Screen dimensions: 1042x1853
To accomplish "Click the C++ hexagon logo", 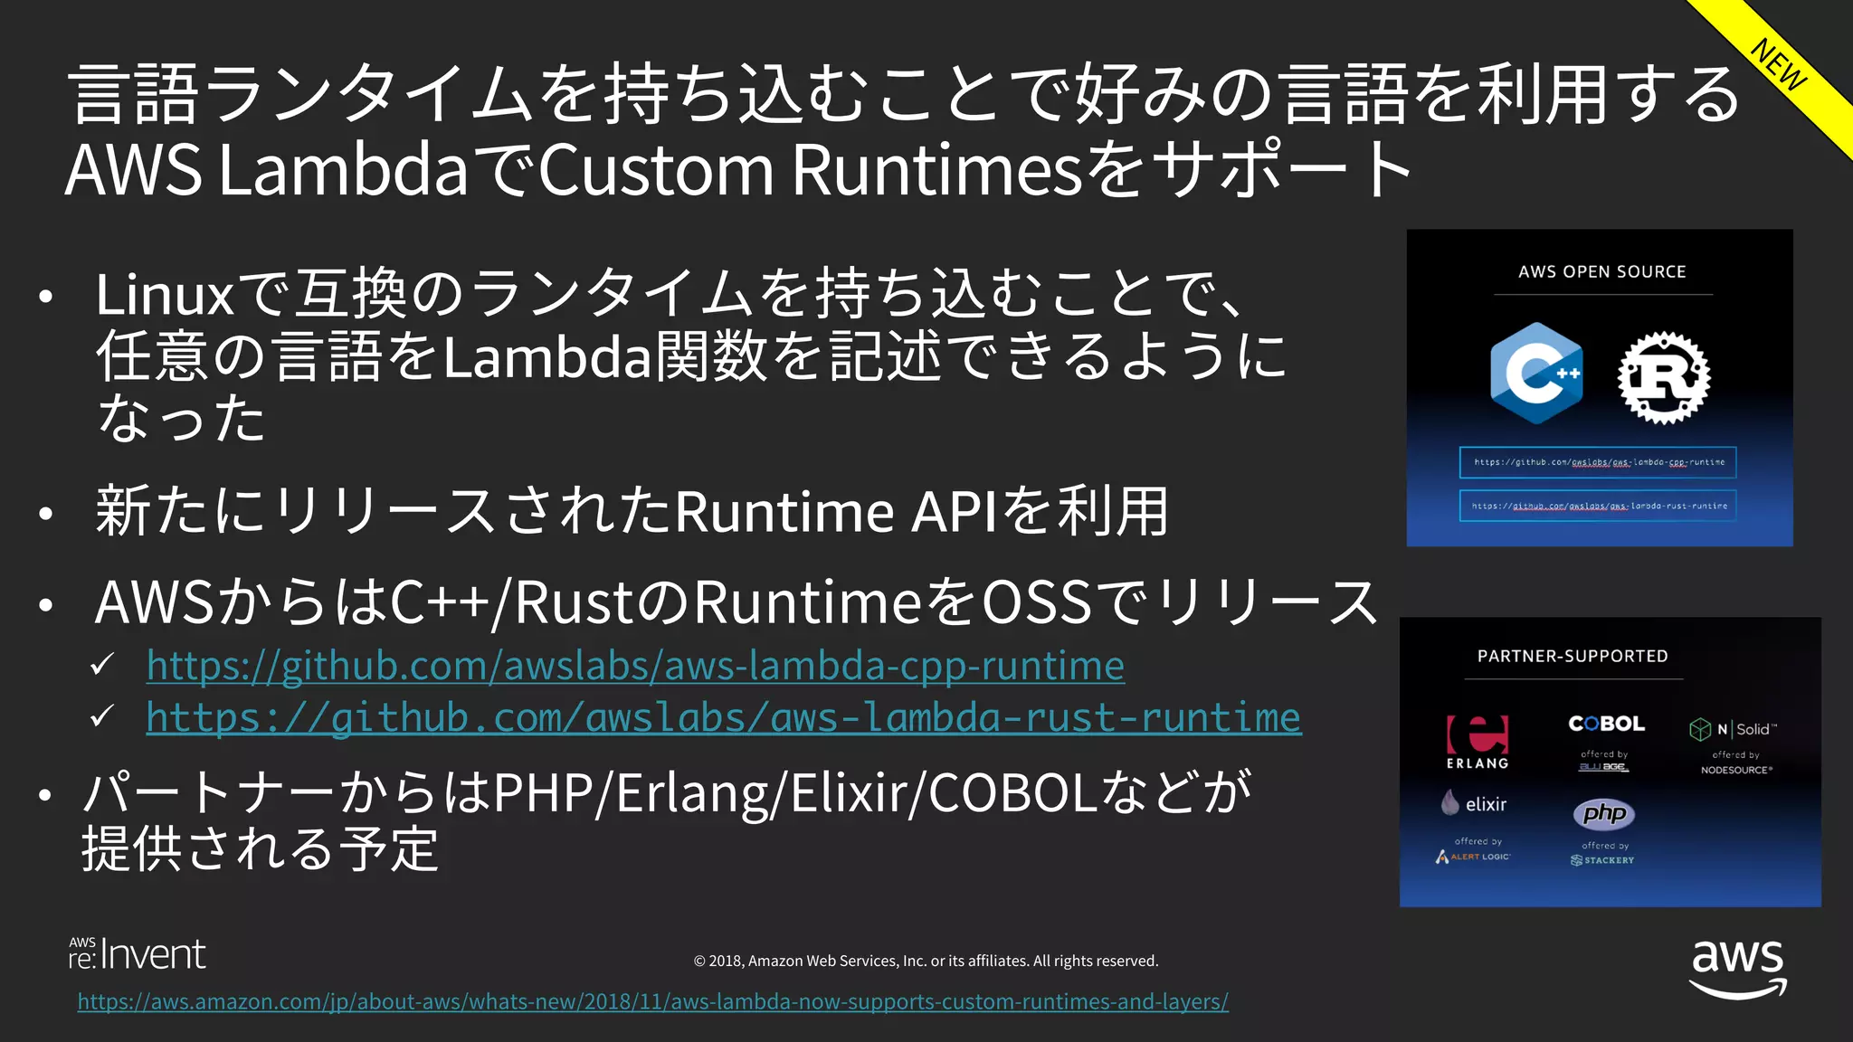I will (1536, 374).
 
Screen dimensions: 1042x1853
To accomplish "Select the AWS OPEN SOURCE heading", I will (1601, 271).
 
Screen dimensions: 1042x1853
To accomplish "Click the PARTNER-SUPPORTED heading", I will (1573, 656).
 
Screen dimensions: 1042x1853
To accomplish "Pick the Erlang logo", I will (1477, 740).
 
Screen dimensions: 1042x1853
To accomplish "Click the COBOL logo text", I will (1606, 724).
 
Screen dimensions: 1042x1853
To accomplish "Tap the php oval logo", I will (1603, 813).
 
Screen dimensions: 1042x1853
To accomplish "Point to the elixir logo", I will (1474, 803).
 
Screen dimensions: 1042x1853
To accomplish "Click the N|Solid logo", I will (1733, 729).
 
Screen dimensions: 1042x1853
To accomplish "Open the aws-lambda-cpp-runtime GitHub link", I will (635, 666).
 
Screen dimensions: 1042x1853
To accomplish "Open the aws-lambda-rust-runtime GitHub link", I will (723, 717).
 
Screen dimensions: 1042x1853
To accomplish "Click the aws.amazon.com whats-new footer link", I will (652, 1001).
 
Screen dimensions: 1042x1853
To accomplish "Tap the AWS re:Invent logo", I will (138, 954).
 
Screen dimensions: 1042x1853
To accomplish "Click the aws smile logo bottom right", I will (1737, 968).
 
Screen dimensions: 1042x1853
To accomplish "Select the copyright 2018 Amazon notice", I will (926, 961).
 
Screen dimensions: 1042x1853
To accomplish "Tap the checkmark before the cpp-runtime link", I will (102, 666).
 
